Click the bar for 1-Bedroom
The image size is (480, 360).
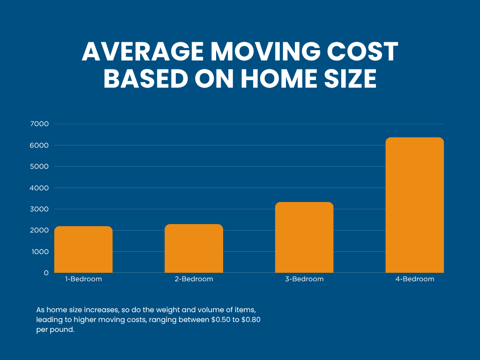click(83, 249)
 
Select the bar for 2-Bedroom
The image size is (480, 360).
click(194, 248)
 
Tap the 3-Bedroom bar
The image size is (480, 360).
click(304, 238)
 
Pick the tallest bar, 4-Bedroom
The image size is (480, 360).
click(414, 205)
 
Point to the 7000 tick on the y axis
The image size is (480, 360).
click(39, 124)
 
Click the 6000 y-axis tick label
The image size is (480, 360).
click(39, 145)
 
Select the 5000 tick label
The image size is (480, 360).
click(39, 166)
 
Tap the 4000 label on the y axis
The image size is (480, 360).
click(39, 188)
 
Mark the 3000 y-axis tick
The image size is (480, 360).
click(39, 209)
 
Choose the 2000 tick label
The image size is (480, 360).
click(39, 230)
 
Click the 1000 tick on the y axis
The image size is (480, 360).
click(39, 252)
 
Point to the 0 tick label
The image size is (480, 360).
click(46, 273)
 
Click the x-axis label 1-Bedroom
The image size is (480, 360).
click(83, 279)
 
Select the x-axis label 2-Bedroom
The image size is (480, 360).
click(194, 279)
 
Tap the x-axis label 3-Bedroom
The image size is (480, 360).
click(304, 279)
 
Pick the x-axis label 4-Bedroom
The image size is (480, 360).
click(414, 279)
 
